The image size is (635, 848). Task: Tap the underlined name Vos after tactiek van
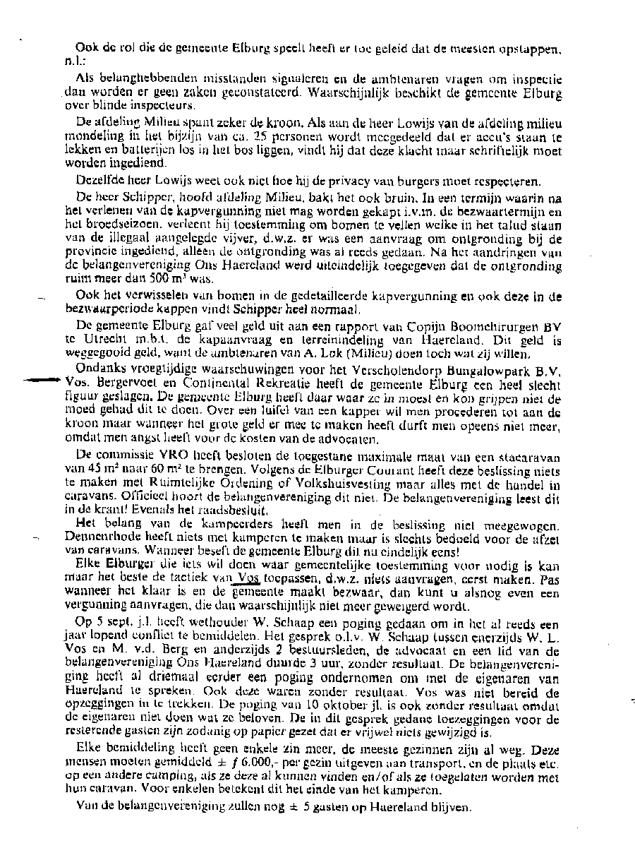pos(244,577)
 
